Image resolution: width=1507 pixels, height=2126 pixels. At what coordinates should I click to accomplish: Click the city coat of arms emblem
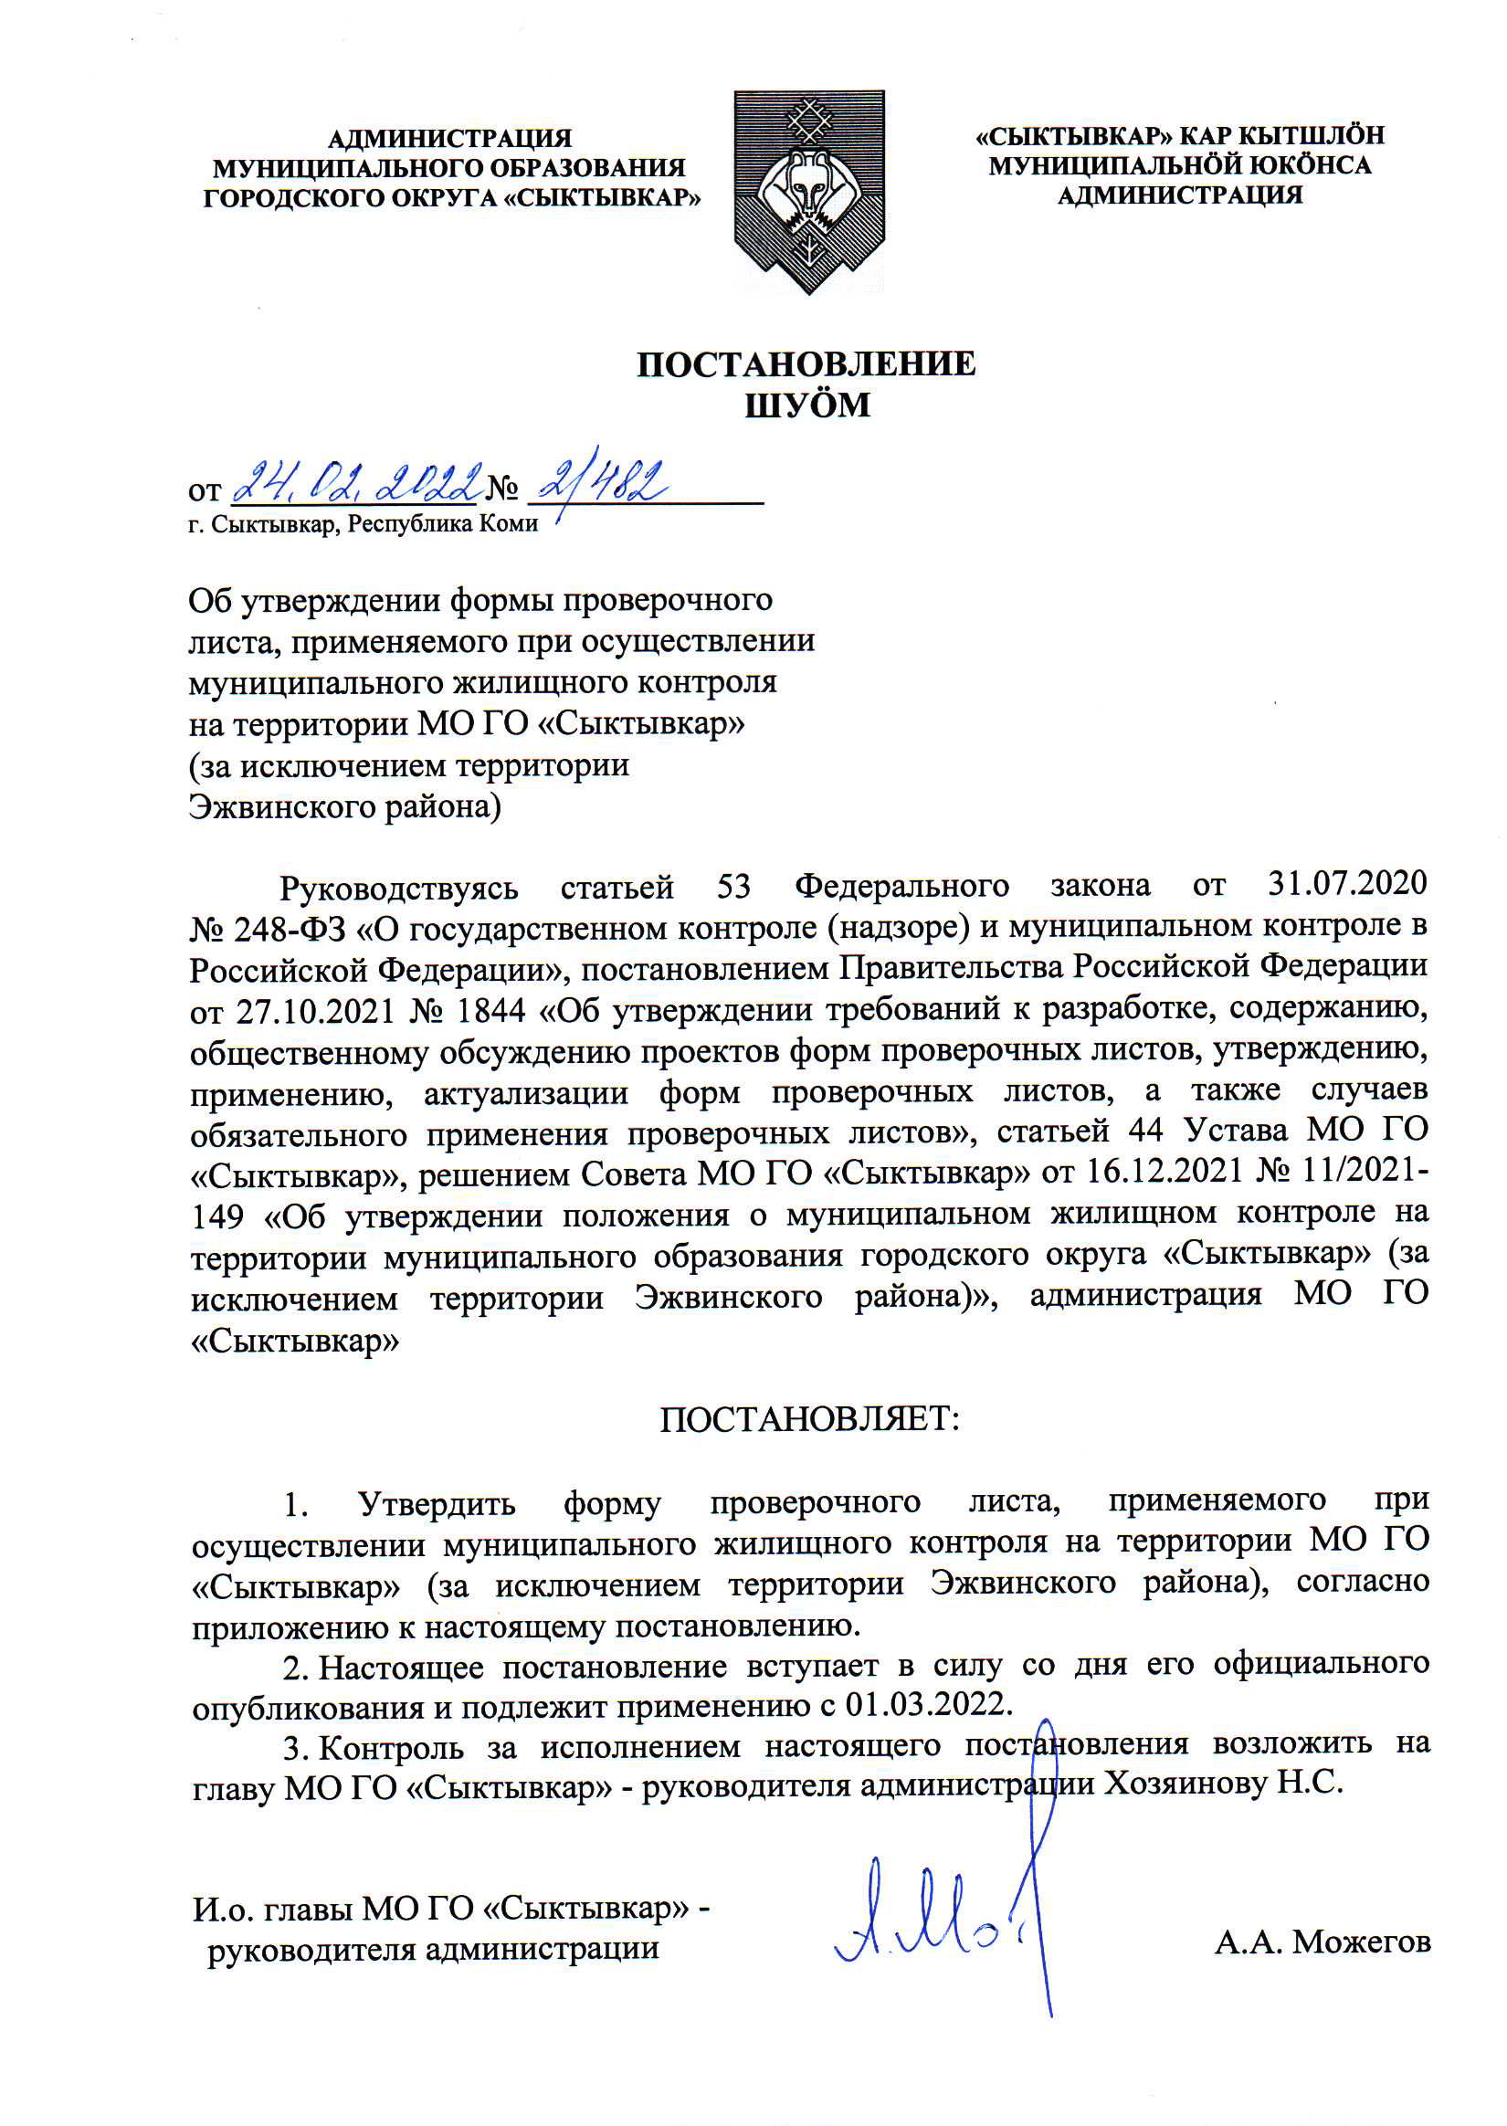[808, 191]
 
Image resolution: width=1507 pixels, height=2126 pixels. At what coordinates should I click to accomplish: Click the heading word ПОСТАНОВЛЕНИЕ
[806, 364]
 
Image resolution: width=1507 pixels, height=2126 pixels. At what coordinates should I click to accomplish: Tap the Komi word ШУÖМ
[807, 405]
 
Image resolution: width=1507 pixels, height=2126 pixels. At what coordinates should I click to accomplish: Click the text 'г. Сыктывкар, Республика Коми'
[363, 524]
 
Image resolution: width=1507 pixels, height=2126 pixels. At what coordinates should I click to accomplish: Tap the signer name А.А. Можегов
[1322, 1941]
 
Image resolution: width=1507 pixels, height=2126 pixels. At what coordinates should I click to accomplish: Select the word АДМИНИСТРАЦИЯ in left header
[450, 139]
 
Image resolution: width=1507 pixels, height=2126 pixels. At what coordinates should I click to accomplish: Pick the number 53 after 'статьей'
[733, 886]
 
